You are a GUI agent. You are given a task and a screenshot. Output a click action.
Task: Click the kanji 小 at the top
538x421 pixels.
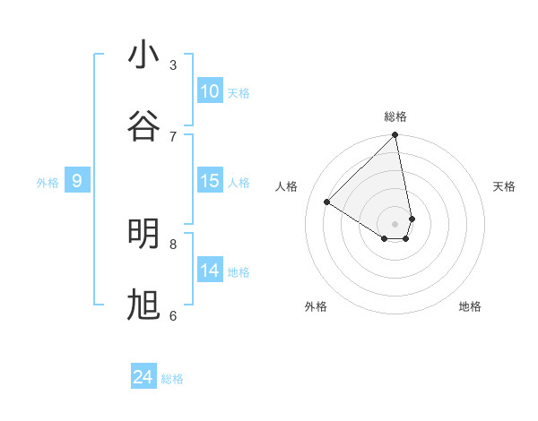tap(143, 56)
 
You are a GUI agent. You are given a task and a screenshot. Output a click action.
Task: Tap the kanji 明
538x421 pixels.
tap(143, 234)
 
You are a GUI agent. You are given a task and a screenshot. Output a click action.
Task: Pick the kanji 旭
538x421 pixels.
tap(143, 305)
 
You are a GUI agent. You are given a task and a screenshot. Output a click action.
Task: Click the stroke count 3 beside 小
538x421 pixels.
tap(173, 64)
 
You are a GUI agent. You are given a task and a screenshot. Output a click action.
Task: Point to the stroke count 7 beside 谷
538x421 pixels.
tap(173, 136)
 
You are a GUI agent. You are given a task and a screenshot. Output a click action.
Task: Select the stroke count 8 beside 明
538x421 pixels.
tap(173, 244)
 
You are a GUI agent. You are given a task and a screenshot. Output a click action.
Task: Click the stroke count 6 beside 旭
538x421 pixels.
tap(173, 315)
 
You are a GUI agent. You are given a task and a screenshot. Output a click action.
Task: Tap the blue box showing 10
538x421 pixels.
tap(210, 91)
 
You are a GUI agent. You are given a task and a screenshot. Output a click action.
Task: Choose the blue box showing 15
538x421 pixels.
tap(210, 181)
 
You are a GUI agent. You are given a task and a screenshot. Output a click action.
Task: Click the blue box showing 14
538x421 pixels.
tap(210, 271)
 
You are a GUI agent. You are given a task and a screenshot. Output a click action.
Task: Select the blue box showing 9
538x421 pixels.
tap(77, 181)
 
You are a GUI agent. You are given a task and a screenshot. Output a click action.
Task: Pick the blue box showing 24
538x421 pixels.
tap(143, 378)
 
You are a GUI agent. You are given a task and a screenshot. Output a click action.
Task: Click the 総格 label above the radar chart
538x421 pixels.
tap(395, 116)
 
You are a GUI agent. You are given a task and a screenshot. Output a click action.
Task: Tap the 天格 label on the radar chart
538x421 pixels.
tap(505, 186)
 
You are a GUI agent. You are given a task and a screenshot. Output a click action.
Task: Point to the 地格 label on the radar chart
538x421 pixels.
tap(470, 306)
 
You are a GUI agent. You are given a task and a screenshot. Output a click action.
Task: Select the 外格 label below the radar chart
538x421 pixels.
tap(316, 306)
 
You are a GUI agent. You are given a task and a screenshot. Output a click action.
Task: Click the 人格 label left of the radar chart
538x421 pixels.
tap(287, 186)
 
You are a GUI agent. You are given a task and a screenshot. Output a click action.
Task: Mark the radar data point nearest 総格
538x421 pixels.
tap(395, 136)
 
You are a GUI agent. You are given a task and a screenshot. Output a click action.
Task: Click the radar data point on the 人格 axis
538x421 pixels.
tap(327, 202)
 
